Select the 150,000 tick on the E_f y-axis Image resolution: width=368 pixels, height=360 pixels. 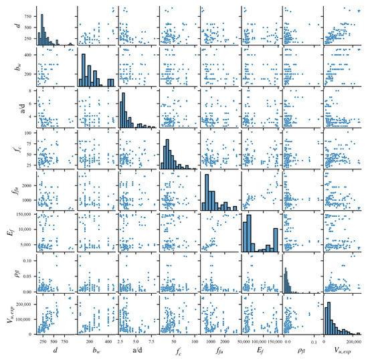click(x=19, y=213)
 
